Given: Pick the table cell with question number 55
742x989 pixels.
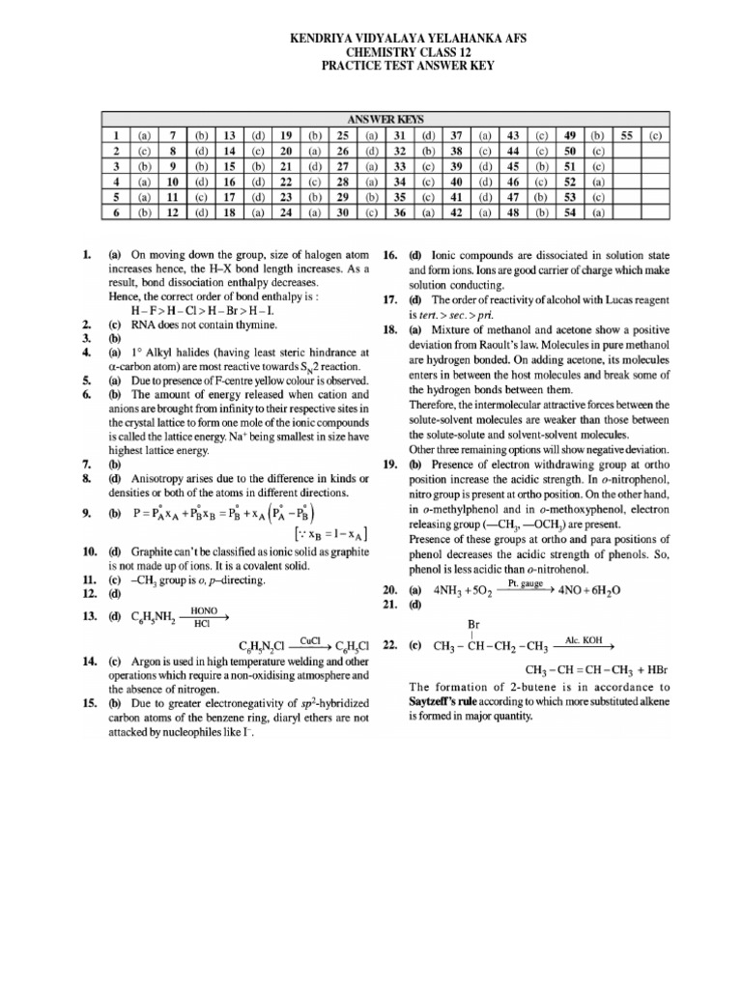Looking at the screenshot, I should [x=625, y=136].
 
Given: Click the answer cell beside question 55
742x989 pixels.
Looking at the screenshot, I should [x=655, y=136].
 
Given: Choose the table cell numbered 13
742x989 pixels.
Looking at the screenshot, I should [x=230, y=136].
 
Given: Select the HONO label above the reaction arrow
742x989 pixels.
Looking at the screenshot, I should [x=204, y=611].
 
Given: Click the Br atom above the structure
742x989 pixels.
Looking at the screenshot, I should [x=473, y=625].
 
